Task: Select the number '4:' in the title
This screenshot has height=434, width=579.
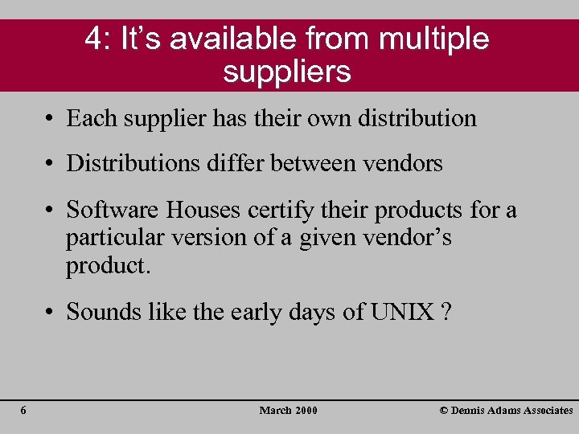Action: [100, 39]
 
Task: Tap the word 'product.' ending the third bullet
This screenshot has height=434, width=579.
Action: [109, 266]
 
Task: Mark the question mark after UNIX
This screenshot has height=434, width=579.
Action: [445, 312]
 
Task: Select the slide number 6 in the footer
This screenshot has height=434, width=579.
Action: [23, 411]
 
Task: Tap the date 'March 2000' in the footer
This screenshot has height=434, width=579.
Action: [288, 411]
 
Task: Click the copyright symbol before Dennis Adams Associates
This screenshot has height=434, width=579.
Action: [444, 411]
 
